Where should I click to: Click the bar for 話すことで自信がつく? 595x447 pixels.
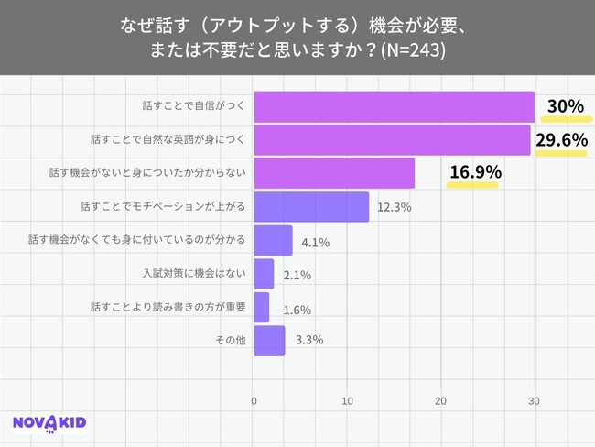(x=394, y=106)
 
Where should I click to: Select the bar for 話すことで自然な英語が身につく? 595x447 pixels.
(x=392, y=140)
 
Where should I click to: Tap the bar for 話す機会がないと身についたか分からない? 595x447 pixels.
(x=334, y=173)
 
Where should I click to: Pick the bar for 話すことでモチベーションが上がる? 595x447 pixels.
(x=311, y=206)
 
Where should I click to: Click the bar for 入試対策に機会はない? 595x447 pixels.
(x=264, y=273)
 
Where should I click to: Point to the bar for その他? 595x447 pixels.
(x=269, y=340)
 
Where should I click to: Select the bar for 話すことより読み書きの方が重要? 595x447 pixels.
(x=262, y=307)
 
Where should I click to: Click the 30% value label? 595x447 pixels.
(x=565, y=106)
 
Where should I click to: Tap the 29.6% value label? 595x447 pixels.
(x=561, y=140)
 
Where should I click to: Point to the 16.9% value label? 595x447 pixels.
(x=473, y=170)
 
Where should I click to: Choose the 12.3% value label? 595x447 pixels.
(x=395, y=207)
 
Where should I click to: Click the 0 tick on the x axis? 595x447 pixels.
(x=254, y=400)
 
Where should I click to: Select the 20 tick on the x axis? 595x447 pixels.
(x=440, y=400)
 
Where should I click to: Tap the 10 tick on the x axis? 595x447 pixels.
(x=347, y=400)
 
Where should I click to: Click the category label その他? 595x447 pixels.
(x=232, y=341)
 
